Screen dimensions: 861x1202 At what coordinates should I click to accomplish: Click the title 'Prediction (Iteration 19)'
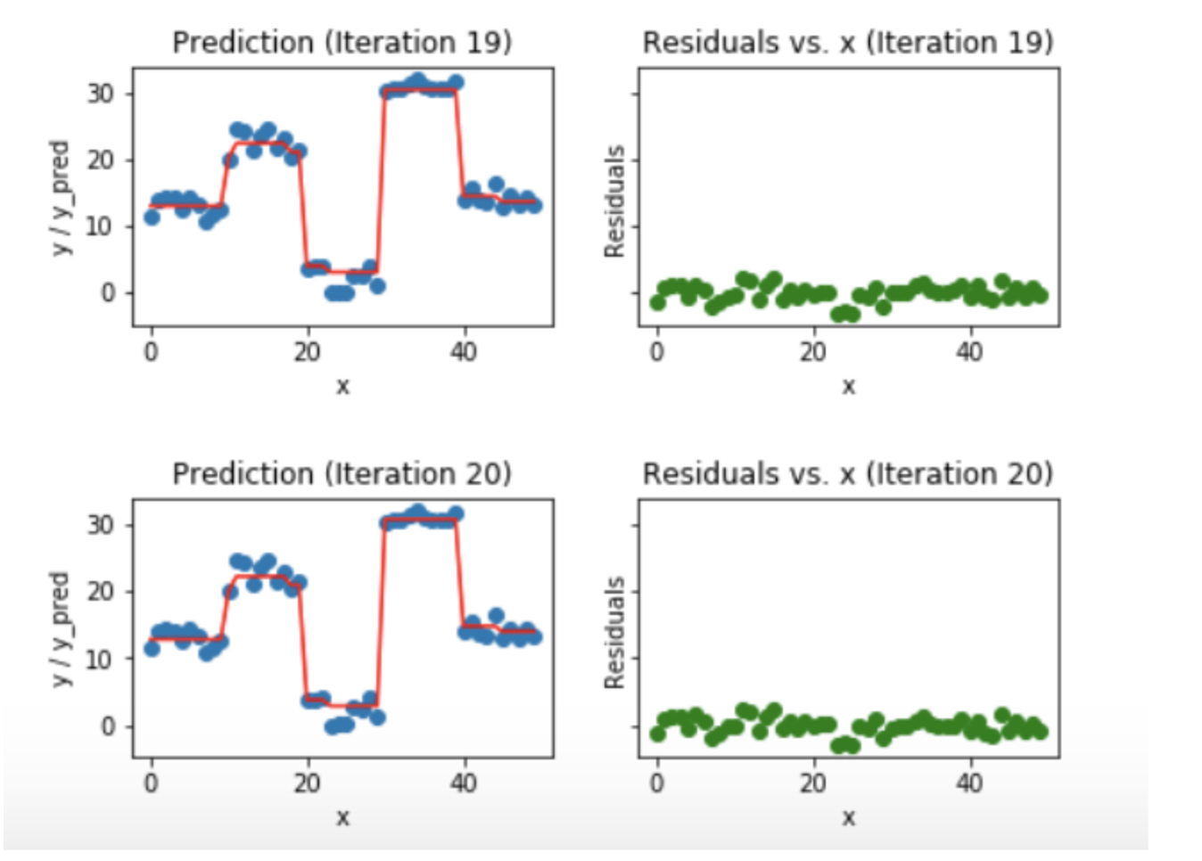click(342, 42)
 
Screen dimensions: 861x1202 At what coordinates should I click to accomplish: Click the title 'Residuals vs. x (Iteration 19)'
click(848, 42)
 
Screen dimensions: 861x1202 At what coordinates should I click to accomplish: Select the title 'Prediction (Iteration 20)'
click(342, 473)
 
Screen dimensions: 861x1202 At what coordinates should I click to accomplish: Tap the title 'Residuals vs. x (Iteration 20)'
click(848, 473)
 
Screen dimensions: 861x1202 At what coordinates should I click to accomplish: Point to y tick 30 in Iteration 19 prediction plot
click(100, 94)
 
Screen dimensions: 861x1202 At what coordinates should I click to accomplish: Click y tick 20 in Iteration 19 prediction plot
click(100, 160)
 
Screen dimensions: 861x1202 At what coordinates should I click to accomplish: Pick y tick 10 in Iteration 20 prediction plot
click(100, 659)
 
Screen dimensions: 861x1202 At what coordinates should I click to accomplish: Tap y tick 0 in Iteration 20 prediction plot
click(107, 726)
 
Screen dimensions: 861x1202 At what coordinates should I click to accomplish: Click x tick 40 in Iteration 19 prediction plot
click(463, 352)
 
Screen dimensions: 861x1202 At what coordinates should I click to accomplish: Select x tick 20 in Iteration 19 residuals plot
click(812, 352)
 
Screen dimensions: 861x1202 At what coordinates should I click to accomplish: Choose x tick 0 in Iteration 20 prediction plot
click(152, 783)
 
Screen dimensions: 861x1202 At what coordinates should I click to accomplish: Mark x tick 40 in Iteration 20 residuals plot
click(969, 783)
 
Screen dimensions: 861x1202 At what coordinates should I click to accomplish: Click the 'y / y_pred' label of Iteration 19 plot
click(60, 198)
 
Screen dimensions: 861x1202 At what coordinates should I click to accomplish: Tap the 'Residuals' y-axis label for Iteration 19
click(614, 201)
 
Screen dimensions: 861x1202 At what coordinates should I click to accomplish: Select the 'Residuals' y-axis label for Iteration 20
click(614, 633)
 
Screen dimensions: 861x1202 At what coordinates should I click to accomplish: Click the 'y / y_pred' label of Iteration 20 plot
click(60, 629)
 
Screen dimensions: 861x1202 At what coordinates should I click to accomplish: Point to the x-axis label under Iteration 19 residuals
click(848, 386)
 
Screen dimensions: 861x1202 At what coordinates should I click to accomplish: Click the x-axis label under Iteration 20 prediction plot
click(342, 817)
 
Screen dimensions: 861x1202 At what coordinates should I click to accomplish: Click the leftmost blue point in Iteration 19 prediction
click(152, 217)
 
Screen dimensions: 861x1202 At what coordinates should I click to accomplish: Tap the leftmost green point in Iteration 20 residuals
click(658, 734)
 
